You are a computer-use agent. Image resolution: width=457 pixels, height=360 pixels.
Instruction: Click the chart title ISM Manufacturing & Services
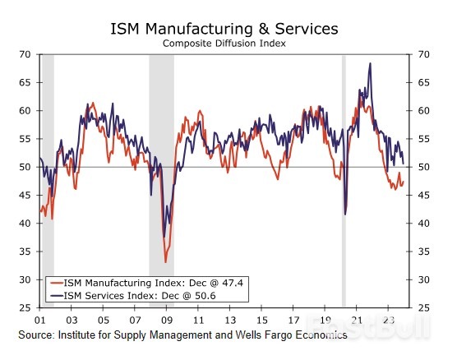tap(224, 30)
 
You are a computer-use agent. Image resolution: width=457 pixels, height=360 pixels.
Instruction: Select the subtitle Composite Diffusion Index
tap(224, 44)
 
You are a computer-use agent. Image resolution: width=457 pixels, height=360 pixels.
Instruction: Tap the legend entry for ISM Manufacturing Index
tap(132, 284)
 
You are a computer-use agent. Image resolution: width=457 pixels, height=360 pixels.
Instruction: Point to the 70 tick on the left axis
tap(25, 54)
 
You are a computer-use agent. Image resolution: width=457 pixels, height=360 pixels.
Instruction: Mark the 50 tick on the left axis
tap(25, 167)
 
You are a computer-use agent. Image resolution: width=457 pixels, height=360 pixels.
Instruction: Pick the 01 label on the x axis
tap(39, 320)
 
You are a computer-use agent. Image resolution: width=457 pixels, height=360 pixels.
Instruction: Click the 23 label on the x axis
tap(387, 320)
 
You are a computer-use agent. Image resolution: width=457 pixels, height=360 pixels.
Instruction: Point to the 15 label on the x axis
tap(261, 320)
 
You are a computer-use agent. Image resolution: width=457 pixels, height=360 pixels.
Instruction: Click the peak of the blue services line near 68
tap(370, 64)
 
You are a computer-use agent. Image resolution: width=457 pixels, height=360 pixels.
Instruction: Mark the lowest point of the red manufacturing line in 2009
tap(165, 261)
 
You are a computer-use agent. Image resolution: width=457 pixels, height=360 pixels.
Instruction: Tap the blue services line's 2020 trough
tap(345, 214)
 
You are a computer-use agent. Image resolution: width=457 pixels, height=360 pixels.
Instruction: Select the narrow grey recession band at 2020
tap(344, 181)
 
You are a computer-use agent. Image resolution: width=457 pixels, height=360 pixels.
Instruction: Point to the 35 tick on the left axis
tap(25, 252)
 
